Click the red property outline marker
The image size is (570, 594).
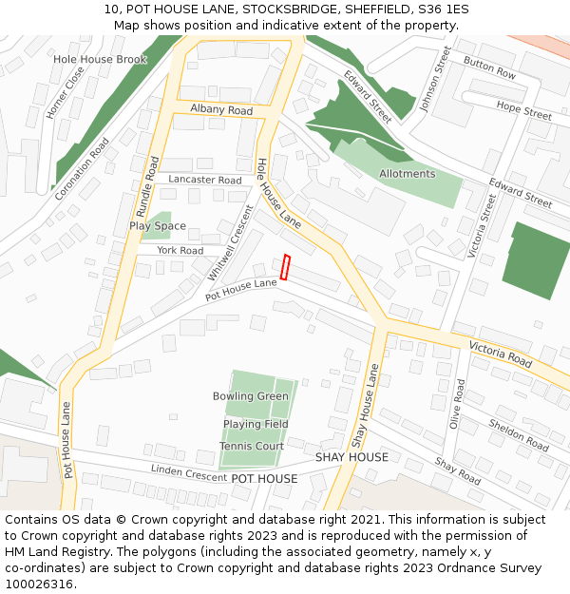pos(285,266)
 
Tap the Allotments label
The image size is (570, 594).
pos(407,174)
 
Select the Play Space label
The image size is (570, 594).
pos(158,226)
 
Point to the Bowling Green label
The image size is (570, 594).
pos(251,396)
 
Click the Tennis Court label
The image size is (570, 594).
pos(252,446)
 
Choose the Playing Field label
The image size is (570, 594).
pos(256,424)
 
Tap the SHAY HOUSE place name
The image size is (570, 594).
pos(351,457)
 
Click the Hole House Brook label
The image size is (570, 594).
pos(100,59)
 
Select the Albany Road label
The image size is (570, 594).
pos(221,110)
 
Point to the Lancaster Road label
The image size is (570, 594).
pos(205,180)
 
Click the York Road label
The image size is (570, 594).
pos(180,251)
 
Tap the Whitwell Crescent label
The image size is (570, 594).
pos(229,241)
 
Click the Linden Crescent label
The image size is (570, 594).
pos(188,472)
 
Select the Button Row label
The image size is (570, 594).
pos(489,67)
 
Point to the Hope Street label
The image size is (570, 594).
pos(523,110)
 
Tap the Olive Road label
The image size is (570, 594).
pos(457,404)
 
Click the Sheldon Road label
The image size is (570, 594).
pos(519,434)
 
